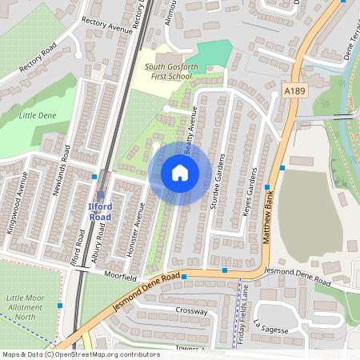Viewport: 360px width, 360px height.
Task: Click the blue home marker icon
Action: point(180,173)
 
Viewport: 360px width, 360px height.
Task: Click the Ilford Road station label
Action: point(100,212)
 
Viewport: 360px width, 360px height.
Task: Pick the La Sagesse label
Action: point(268,327)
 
